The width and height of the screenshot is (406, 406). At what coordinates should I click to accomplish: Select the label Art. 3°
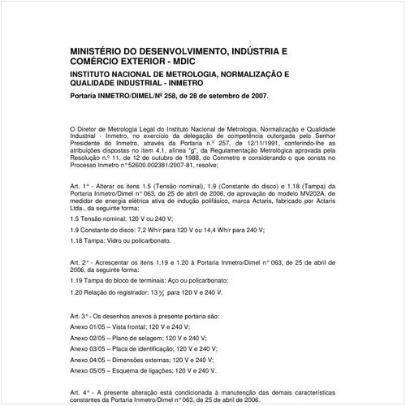tap(81, 314)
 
